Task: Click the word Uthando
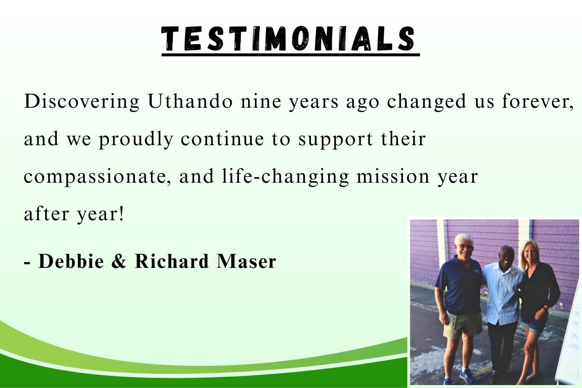point(190,101)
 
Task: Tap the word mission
point(393,176)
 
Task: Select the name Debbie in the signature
point(71,261)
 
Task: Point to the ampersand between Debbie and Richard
point(119,261)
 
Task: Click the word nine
point(260,102)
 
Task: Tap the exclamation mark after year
point(122,214)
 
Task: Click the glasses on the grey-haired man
point(465,246)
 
